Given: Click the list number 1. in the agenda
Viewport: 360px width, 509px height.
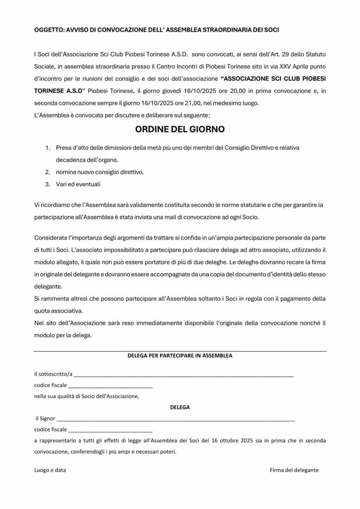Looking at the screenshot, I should coord(48,149).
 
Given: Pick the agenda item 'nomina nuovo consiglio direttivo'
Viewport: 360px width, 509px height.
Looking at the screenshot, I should coord(100,172).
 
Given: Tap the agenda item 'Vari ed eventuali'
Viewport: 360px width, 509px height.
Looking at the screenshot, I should coord(78,184).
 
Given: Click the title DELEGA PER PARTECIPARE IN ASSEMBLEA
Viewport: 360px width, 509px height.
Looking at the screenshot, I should coord(180,356).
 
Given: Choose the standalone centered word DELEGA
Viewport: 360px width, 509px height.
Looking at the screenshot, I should coord(180,407).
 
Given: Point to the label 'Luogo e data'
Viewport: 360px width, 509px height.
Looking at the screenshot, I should coord(50,470).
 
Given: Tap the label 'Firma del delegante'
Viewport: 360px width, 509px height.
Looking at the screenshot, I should coord(294,470).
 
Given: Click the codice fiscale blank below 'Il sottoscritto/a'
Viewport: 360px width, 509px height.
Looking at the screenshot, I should coord(110,386).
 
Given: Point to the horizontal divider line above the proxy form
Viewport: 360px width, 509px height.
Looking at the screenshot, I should coord(180,352).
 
